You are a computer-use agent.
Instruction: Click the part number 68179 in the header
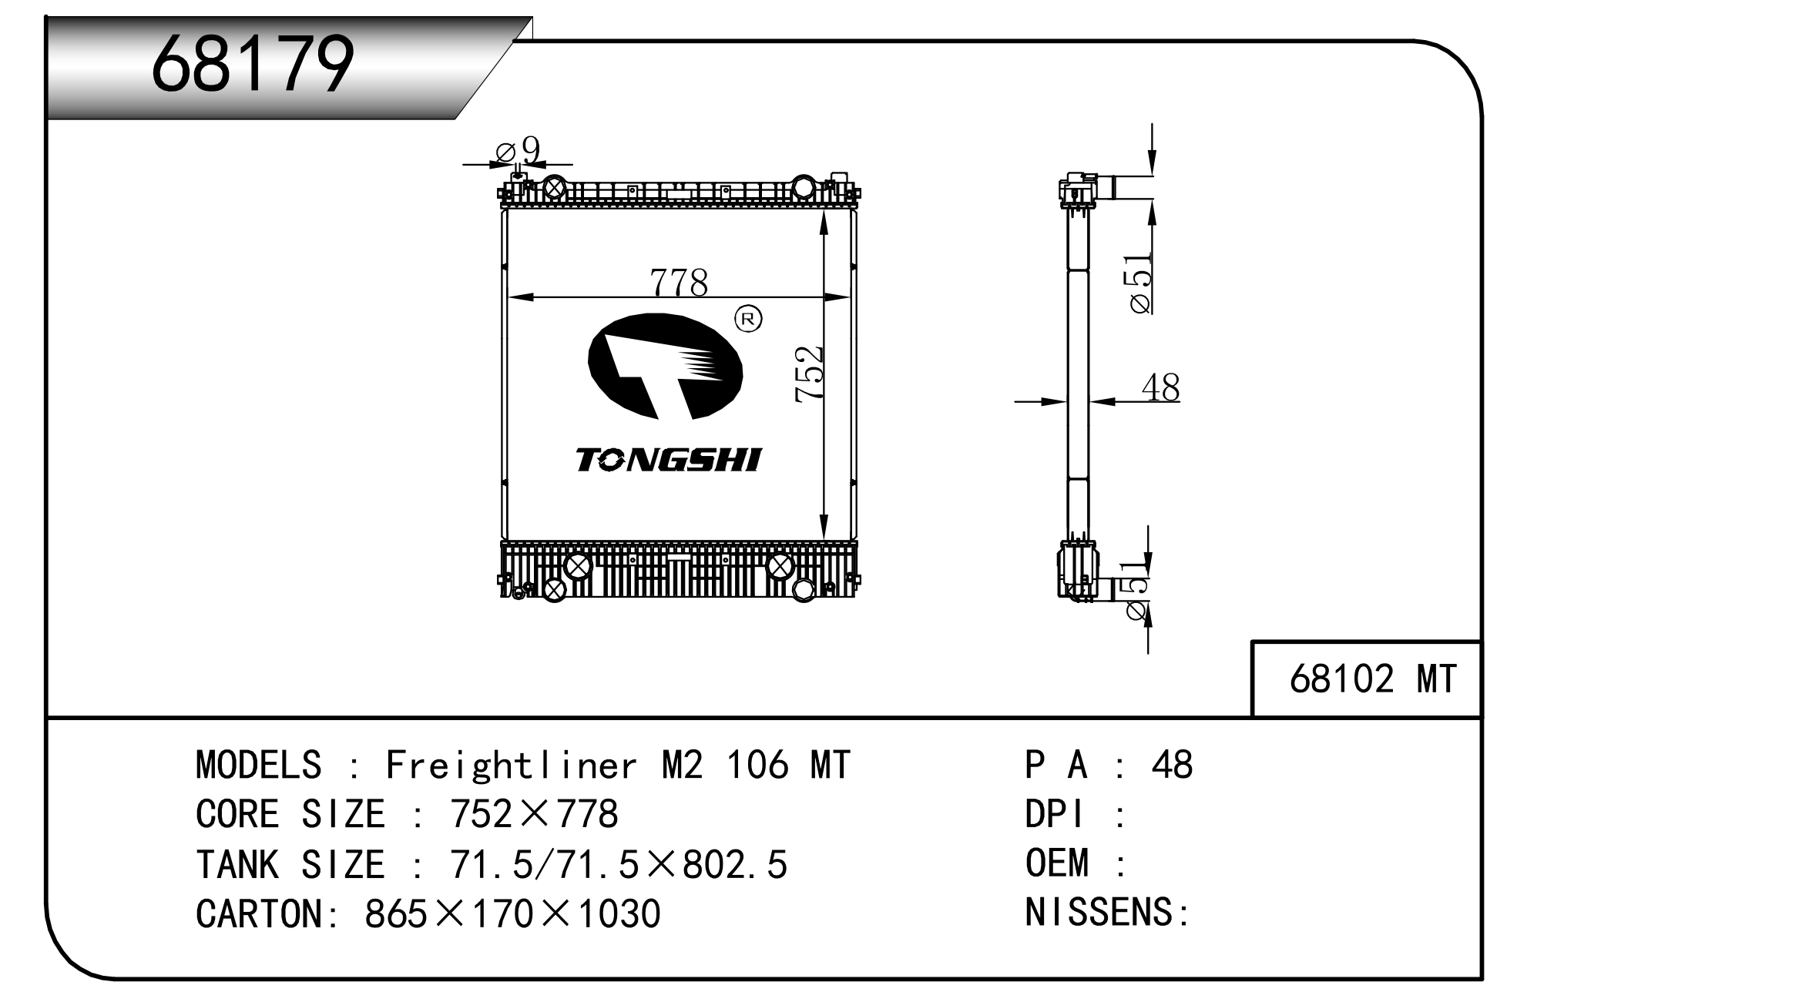(x=253, y=65)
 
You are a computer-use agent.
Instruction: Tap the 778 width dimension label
(x=679, y=283)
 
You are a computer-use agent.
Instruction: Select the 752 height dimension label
(x=810, y=374)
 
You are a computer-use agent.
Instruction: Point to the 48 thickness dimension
(x=1160, y=387)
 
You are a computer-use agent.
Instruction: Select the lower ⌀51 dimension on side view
(x=1137, y=591)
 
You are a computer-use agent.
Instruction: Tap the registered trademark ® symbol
(x=748, y=318)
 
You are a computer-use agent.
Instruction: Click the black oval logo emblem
(x=665, y=367)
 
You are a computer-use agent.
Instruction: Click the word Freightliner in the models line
(x=512, y=765)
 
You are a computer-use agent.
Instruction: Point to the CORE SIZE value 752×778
(x=534, y=814)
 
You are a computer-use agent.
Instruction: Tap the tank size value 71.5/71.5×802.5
(x=619, y=864)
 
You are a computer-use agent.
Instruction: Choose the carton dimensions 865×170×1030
(x=512, y=914)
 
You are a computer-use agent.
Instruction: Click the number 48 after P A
(x=1172, y=765)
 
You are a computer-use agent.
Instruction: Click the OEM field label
(x=1057, y=863)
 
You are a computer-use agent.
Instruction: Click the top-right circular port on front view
(x=804, y=187)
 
